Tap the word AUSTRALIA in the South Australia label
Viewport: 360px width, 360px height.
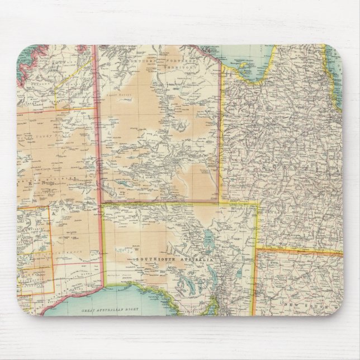tap(192, 260)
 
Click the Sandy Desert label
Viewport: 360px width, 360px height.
tap(33, 135)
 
